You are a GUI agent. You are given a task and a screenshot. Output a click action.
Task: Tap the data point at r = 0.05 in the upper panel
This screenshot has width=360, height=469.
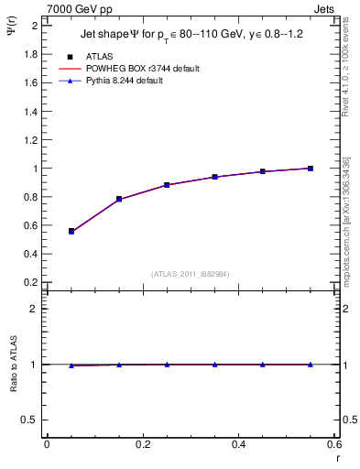pos(71,231)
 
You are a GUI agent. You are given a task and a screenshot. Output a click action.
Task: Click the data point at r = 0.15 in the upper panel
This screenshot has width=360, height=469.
pos(119,199)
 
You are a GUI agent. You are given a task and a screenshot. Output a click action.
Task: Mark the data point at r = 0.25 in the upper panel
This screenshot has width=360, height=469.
pos(167,185)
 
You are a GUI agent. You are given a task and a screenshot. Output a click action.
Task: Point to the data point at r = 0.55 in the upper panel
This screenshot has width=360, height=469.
pos(311,169)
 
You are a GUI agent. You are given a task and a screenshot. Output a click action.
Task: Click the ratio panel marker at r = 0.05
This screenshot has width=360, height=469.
pos(71,365)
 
